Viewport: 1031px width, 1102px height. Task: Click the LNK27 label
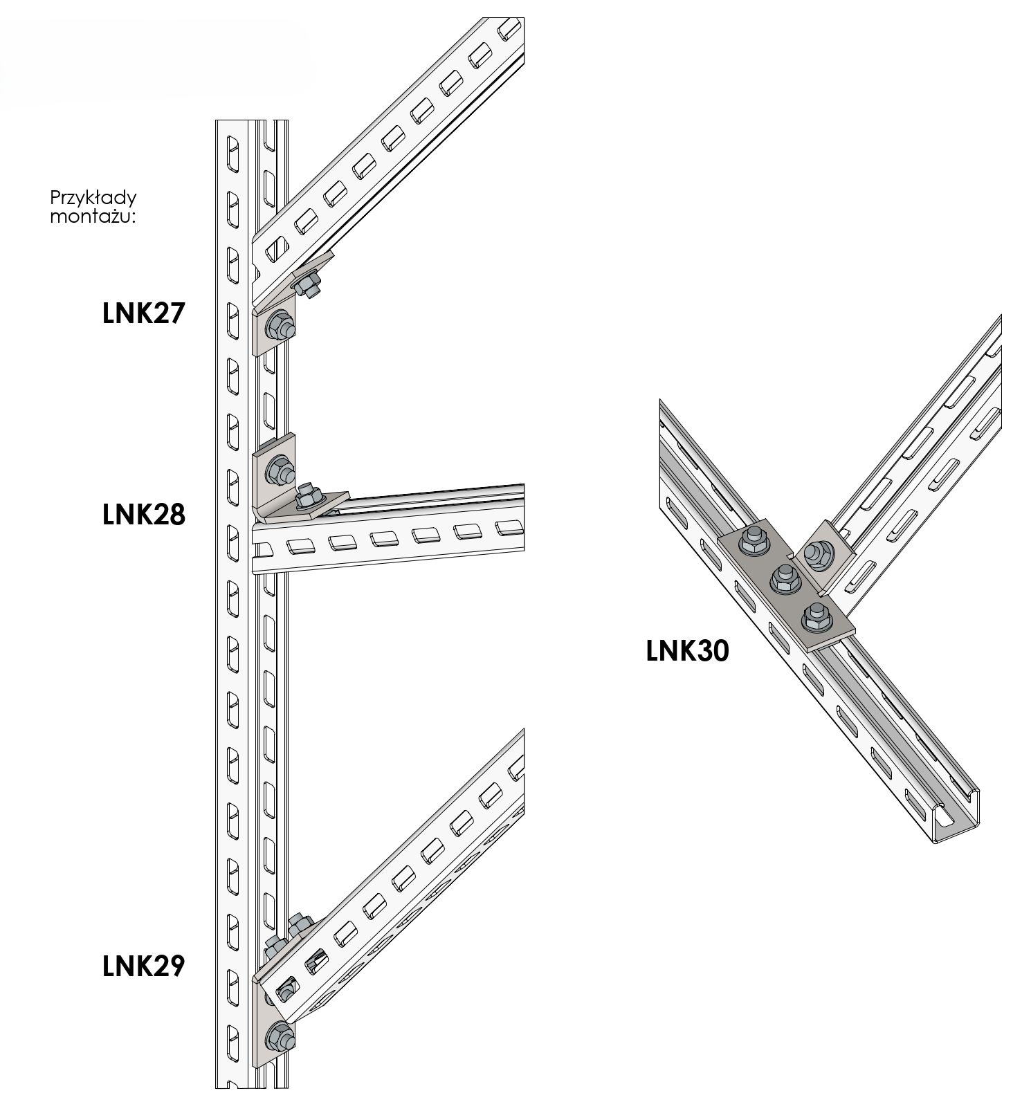[144, 314]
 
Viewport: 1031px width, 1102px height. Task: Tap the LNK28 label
[144, 515]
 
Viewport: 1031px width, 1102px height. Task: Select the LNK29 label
[144, 966]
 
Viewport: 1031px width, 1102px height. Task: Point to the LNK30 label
[687, 651]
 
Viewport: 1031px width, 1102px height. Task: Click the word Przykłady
[93, 199]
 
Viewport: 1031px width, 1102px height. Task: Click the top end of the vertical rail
[251, 123]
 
